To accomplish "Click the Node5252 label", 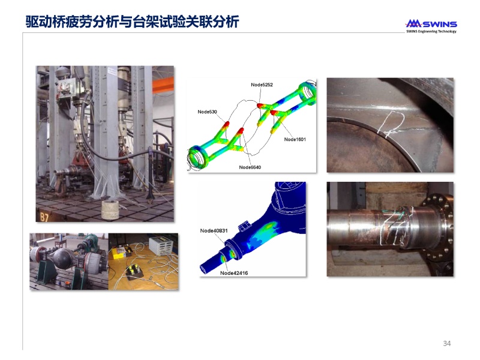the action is click(262, 85).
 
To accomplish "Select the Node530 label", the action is click(207, 112).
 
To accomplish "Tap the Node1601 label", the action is click(295, 139).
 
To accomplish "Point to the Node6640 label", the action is click(250, 167).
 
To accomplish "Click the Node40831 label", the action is click(214, 230).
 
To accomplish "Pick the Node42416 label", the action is click(234, 273).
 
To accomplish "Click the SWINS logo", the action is click(431, 24).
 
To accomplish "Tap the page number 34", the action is click(446, 343).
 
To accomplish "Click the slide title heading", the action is click(132, 22).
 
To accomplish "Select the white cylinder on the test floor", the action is click(110, 209).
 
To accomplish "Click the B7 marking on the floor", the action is click(44, 217).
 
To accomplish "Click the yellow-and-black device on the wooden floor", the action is click(134, 272).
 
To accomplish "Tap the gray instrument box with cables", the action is click(161, 245).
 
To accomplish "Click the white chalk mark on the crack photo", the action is click(391, 124).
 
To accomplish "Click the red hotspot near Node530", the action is click(227, 124).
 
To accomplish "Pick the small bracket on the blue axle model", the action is click(245, 227).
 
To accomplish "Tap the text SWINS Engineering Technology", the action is click(431, 31).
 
